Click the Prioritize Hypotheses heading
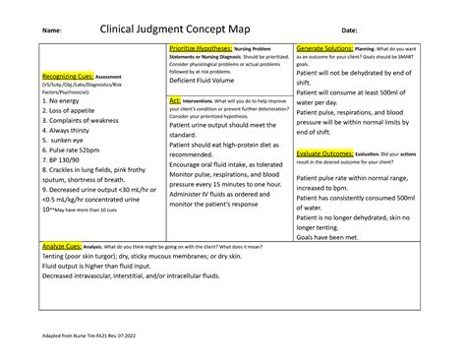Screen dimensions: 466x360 (x=201, y=48)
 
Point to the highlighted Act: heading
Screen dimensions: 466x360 (x=175, y=100)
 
